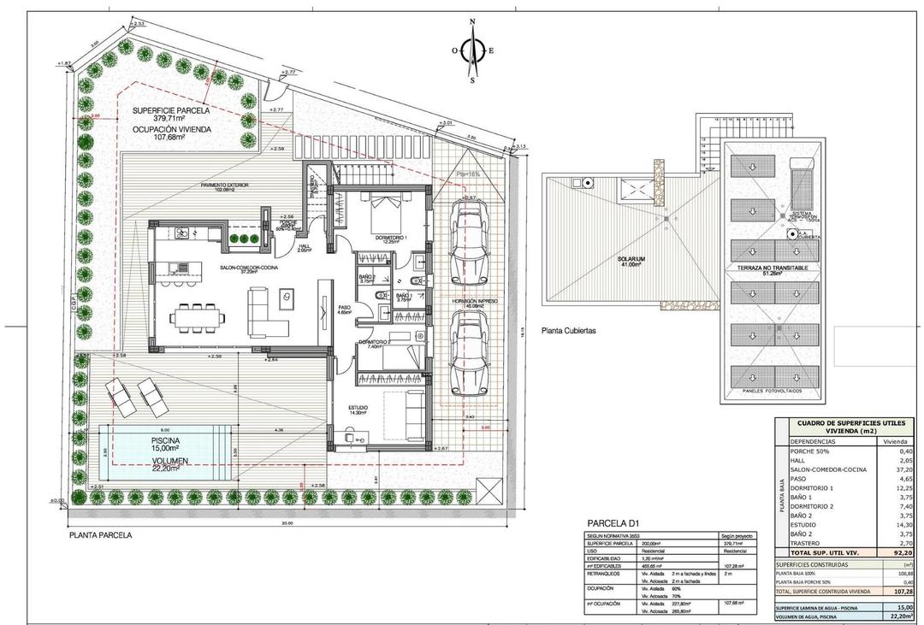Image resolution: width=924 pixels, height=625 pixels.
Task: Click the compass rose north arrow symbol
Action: coord(472,50)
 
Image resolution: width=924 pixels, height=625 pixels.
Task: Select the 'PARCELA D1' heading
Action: coord(614,523)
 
